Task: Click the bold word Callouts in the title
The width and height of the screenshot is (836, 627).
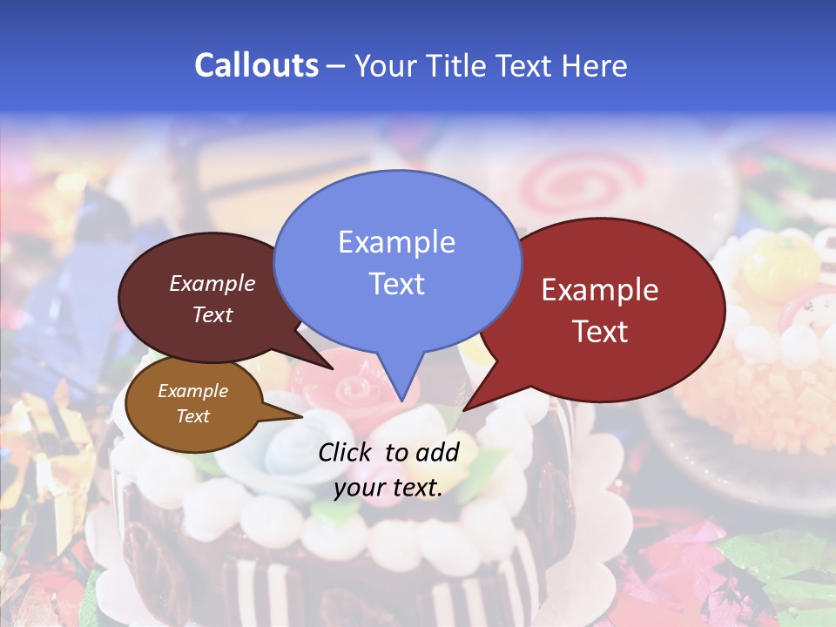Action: pyautogui.click(x=256, y=65)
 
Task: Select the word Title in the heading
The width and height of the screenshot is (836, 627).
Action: pyautogui.click(x=455, y=66)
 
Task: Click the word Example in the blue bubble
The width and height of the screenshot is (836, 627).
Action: pyautogui.click(x=396, y=241)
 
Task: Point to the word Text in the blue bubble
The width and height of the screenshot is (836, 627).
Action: pyautogui.click(x=396, y=284)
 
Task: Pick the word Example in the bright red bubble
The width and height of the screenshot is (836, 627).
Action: pyautogui.click(x=600, y=290)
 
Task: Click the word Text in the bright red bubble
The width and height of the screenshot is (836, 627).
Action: pyautogui.click(x=600, y=332)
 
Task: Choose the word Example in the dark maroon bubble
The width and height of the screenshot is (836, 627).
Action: pyautogui.click(x=212, y=283)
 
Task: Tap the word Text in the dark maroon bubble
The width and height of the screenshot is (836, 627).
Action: pyautogui.click(x=212, y=314)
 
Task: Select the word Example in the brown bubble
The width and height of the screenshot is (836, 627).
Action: pyautogui.click(x=192, y=391)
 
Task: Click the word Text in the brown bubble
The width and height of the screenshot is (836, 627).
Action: pyautogui.click(x=192, y=416)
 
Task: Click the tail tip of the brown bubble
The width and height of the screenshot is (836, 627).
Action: pyautogui.click(x=301, y=416)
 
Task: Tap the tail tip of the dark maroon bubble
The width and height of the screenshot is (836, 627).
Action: pyautogui.click(x=333, y=368)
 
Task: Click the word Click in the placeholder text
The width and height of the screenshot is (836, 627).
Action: pyautogui.click(x=347, y=452)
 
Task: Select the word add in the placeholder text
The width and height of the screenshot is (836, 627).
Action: pyautogui.click(x=436, y=452)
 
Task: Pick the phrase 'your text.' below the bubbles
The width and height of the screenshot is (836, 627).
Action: pyautogui.click(x=388, y=488)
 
